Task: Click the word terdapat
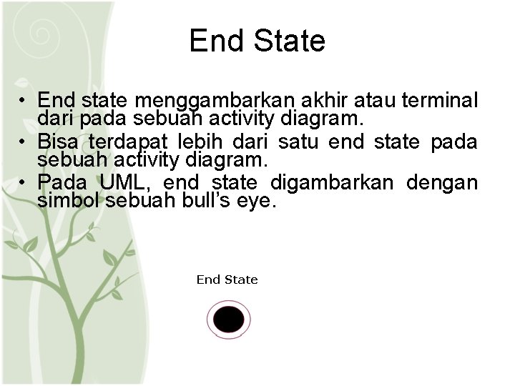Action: point(123,142)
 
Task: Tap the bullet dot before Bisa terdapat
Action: point(24,142)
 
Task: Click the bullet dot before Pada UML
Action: point(24,184)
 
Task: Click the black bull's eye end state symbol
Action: point(229,320)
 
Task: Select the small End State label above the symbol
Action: point(227,279)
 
